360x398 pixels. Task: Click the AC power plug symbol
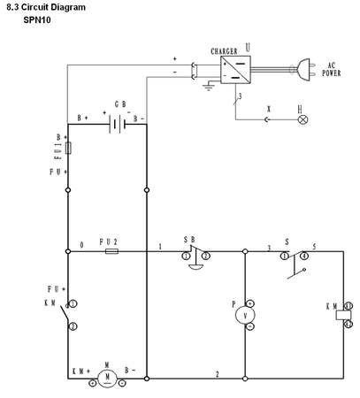[303, 67]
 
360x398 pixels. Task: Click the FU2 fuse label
[110, 241]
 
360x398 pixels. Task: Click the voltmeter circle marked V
[249, 314]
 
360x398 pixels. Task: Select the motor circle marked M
[107, 378]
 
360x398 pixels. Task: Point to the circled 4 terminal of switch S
[303, 256]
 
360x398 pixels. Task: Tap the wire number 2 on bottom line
[218, 373]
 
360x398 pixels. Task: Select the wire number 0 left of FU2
[81, 245]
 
